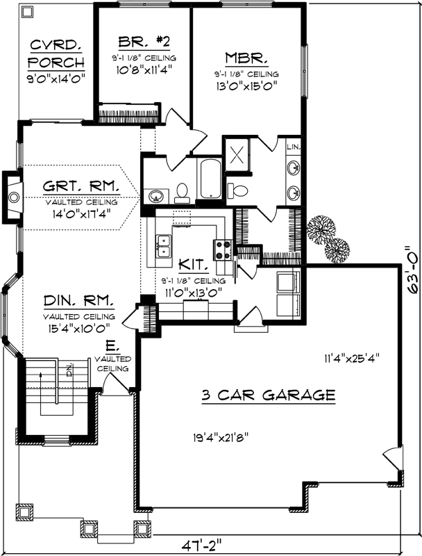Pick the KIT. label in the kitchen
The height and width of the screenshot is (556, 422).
click(x=190, y=265)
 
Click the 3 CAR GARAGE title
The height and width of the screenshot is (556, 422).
click(x=269, y=395)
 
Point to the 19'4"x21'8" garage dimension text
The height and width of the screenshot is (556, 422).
click(x=221, y=437)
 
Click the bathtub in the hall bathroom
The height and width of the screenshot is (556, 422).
click(x=209, y=178)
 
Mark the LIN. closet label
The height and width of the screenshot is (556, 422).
click(x=294, y=147)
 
